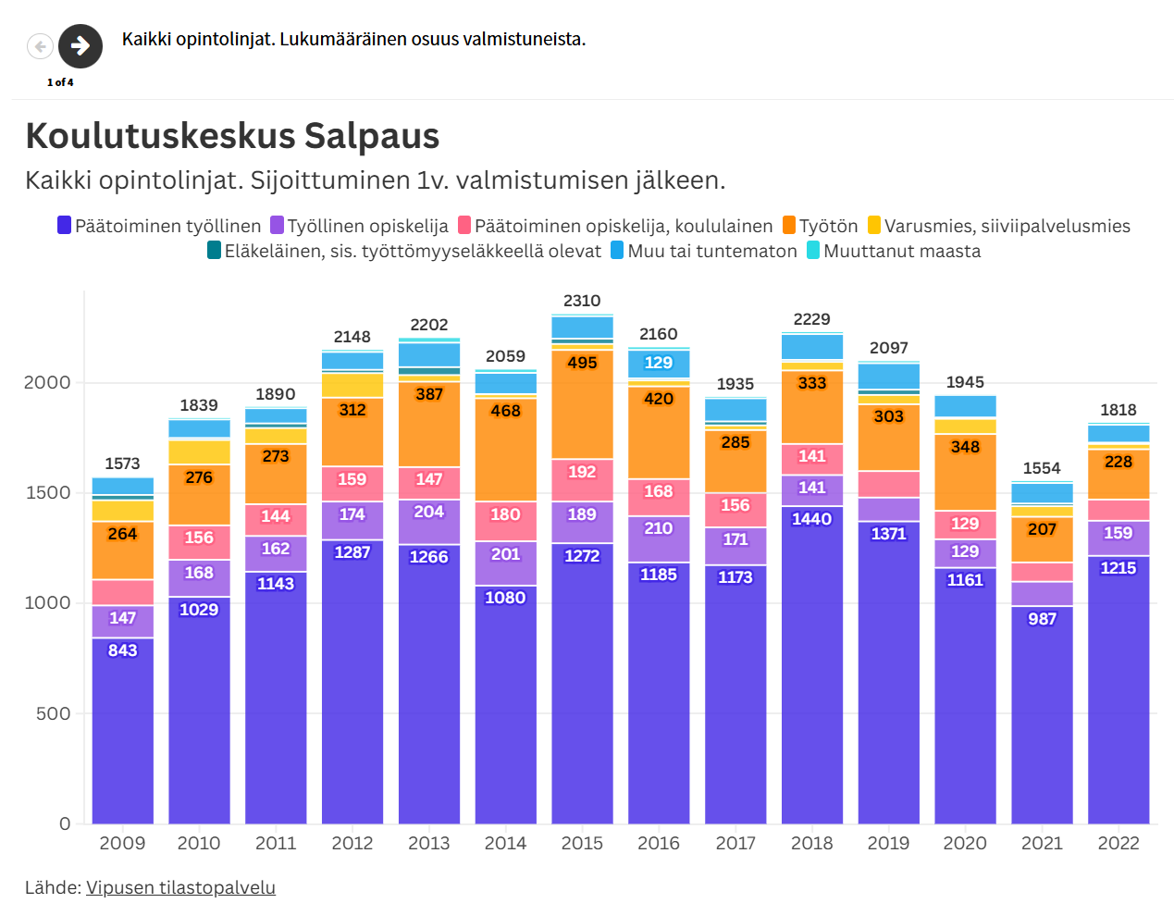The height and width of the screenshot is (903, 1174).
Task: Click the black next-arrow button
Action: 80,45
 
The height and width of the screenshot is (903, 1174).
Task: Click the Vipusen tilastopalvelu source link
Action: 180,887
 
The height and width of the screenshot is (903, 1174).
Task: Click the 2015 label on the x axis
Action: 582,843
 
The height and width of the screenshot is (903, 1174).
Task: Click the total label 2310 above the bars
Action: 582,301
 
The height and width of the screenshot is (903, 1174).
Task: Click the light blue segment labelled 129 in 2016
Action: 659,363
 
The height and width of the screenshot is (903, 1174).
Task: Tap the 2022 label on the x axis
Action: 1118,843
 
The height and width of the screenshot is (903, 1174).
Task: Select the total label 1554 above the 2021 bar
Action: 1042,468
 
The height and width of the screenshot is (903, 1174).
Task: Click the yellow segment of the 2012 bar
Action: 352,385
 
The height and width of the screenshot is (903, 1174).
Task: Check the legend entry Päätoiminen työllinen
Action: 159,226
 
